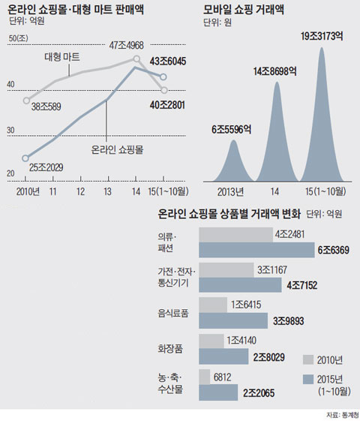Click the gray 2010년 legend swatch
pyautogui.click(x=305, y=358)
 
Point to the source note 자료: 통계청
pyautogui.click(x=337, y=414)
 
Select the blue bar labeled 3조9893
pyautogui.click(x=232, y=321)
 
